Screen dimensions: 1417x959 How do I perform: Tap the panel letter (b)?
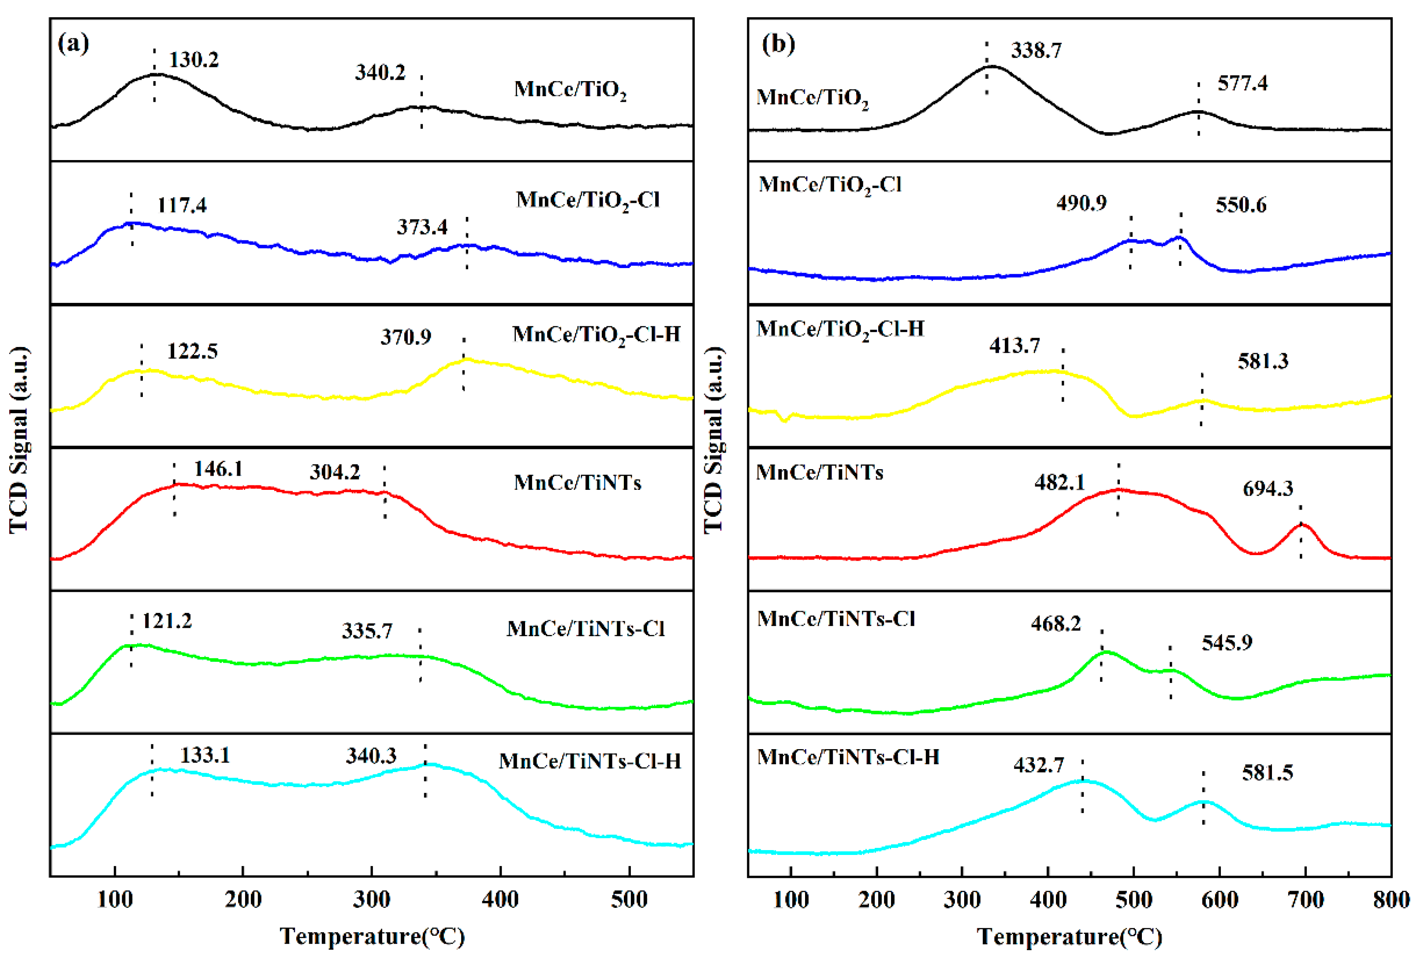coord(778,44)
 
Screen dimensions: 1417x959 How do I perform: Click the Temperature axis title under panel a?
coord(372,936)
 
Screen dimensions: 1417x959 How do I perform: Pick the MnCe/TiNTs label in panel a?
coord(578,483)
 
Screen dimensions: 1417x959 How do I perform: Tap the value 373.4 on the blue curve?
coord(422,228)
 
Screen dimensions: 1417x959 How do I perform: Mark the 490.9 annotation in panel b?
coord(1081,203)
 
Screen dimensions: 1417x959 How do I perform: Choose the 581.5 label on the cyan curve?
coord(1267,773)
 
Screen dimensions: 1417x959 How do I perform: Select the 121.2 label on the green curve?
coord(167,621)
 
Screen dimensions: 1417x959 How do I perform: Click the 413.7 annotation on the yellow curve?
coord(1014,346)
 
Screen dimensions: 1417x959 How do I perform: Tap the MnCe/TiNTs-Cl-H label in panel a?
coord(589,761)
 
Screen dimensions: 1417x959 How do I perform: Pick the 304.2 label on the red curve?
coord(335,472)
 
